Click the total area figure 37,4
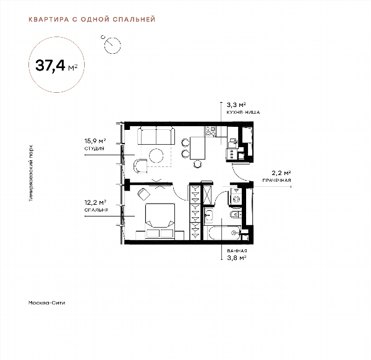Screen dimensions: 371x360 [50, 66]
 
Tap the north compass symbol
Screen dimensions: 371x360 [112, 45]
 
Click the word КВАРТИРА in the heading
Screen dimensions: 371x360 [49, 19]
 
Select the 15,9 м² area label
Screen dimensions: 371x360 [95, 141]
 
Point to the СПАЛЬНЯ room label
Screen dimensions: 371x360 [96, 210]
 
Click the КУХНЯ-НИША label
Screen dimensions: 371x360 [243, 112]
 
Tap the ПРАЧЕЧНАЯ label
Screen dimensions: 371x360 [276, 181]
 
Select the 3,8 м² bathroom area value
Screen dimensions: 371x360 [237, 257]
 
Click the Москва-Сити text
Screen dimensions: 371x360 [46, 302]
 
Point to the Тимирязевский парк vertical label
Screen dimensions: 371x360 [31, 173]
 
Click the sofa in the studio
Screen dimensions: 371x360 [156, 135]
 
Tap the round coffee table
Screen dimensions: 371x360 [156, 155]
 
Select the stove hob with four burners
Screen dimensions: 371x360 [211, 132]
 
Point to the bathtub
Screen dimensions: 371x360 [224, 233]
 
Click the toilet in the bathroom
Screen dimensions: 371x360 [236, 215]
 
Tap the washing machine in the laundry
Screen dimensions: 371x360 [234, 196]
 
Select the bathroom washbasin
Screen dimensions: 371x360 [209, 216]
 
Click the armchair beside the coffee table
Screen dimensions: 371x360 [140, 166]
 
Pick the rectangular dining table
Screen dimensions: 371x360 [197, 148]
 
